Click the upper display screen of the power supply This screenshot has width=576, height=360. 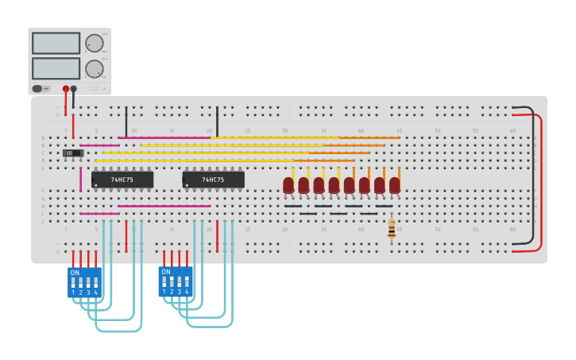click(56, 43)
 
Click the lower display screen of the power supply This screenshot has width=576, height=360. click(56, 68)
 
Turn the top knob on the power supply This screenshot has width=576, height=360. click(95, 43)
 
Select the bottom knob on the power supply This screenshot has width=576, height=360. click(95, 68)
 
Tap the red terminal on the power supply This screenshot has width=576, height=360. click(66, 89)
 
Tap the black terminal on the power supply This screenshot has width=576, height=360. click(74, 89)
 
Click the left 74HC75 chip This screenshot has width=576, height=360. click(122, 180)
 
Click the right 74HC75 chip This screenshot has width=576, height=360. click(213, 180)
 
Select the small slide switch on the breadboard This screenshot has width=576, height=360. click(73, 153)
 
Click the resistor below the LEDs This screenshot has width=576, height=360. click(391, 230)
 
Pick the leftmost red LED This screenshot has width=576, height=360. click(288, 185)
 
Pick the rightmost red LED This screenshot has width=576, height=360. click(395, 185)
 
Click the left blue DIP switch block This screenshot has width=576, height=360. click(84, 281)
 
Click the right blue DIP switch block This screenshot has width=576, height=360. click(176, 281)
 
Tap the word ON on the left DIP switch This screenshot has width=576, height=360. click(75, 273)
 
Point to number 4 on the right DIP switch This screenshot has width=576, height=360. click(187, 292)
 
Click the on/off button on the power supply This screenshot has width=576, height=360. click(37, 89)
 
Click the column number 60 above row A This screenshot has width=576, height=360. click(512, 130)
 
